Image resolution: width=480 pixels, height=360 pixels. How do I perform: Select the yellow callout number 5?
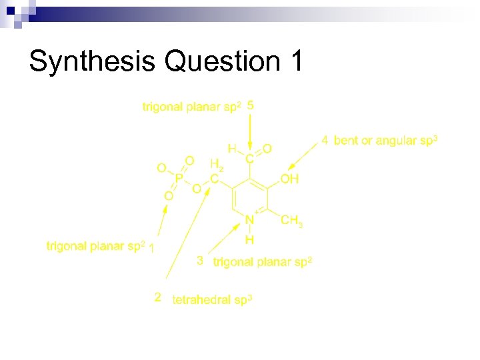250,105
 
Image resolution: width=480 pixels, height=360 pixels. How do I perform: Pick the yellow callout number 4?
325,140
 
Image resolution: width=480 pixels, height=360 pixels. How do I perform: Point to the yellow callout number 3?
200,261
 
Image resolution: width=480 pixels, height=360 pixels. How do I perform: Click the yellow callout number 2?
158,298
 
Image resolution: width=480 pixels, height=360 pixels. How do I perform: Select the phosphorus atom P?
179,178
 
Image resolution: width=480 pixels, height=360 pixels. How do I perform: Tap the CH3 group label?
292,220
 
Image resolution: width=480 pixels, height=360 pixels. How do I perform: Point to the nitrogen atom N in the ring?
249,220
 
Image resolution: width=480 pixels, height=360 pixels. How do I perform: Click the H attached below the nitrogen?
249,239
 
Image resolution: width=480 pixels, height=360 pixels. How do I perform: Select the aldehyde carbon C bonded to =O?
249,159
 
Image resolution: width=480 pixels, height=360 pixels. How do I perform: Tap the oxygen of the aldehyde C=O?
267,148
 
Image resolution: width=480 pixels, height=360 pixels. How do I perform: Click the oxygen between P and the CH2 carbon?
197,189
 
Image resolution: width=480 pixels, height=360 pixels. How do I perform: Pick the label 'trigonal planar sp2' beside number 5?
191,107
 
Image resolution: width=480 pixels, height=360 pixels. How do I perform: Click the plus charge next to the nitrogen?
257,211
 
